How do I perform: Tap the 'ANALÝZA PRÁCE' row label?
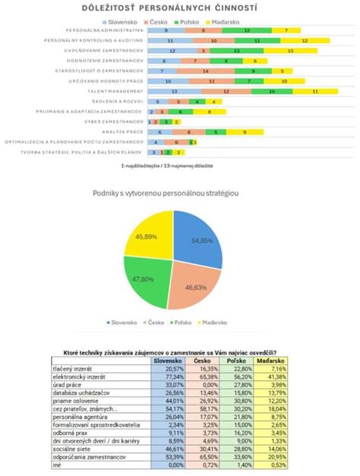click(x=123, y=131)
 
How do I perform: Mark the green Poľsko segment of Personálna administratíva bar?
click(x=248, y=30)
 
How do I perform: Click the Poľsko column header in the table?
click(x=238, y=361)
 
